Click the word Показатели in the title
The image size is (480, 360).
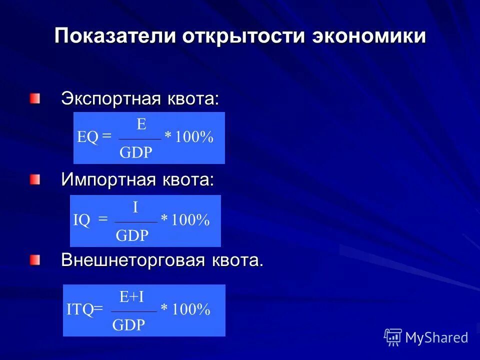(115, 36)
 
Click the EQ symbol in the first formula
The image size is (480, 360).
(87, 137)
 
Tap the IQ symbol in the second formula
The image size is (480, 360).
(81, 220)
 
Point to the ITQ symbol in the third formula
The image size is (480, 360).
(80, 310)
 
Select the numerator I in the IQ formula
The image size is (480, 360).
(135, 207)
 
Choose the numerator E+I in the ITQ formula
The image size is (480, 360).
(132, 297)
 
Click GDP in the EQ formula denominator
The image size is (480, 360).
(136, 152)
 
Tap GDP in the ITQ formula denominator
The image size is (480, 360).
(128, 325)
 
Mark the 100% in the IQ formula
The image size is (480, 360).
(190, 220)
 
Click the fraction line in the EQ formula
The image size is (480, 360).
(140, 139)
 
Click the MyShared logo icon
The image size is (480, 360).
(393, 337)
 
